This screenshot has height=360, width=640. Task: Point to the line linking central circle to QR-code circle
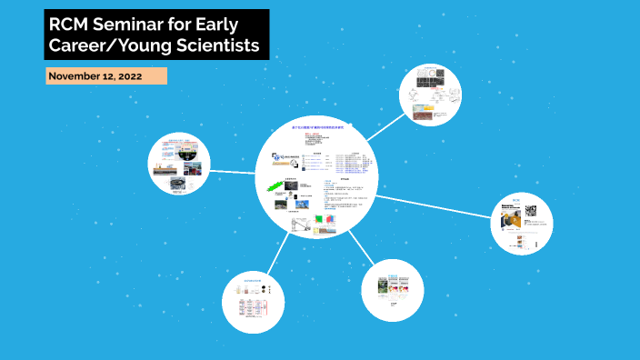(432, 204)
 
